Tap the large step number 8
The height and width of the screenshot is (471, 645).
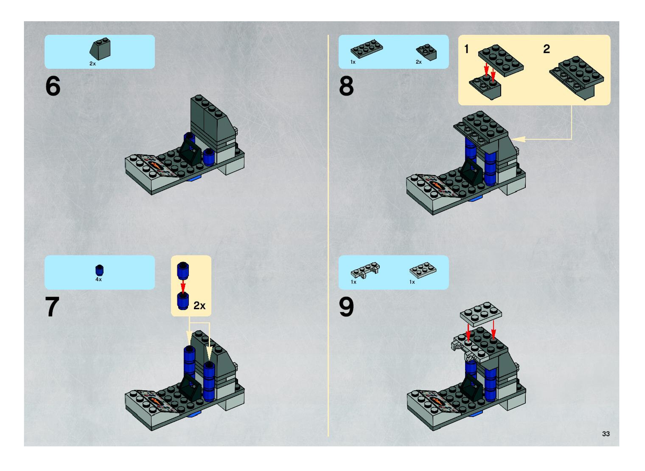(346, 86)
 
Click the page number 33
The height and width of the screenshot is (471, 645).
(606, 434)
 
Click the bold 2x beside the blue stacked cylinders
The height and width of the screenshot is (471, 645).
(199, 306)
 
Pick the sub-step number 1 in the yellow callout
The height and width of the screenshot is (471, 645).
(466, 49)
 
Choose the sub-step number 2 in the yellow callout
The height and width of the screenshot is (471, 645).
(546, 49)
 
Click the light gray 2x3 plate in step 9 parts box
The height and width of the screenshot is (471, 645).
(423, 270)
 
